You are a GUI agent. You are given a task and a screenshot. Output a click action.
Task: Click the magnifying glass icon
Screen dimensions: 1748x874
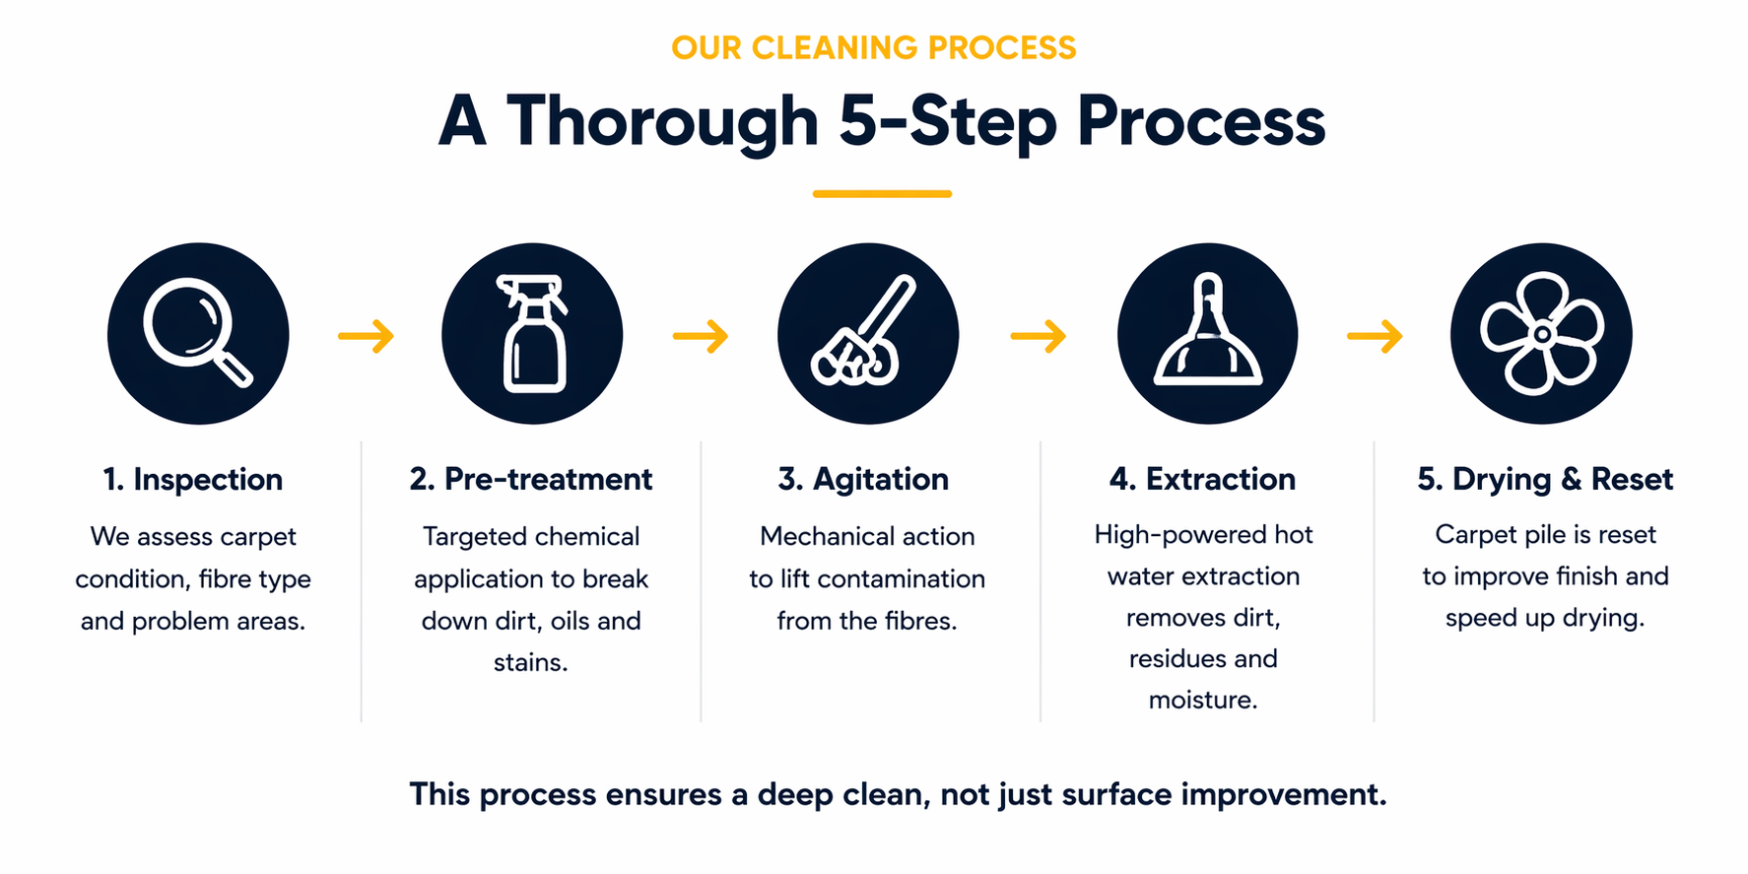pos(197,333)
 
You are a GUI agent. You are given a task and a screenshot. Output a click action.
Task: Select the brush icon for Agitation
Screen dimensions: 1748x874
pos(867,334)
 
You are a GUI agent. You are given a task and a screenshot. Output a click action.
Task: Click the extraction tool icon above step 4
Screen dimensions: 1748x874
pos(1207,334)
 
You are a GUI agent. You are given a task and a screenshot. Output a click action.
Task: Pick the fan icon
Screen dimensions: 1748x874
pos(1541,334)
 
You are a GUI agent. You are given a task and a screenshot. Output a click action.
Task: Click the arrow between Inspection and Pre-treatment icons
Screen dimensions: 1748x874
pos(366,336)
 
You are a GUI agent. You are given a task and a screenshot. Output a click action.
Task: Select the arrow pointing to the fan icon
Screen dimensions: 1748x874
pos(1375,336)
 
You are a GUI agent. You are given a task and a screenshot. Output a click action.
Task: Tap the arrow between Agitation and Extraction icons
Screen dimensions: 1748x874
pos(1038,336)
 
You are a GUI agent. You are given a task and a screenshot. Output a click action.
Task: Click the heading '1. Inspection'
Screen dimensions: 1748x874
pos(193,480)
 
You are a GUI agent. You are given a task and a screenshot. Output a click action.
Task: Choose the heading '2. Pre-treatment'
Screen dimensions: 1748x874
pos(531,480)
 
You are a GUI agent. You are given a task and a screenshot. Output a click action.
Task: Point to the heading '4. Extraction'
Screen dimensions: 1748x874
pos(1202,480)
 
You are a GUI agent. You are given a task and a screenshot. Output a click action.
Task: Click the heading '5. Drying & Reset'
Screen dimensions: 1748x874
pos(1545,480)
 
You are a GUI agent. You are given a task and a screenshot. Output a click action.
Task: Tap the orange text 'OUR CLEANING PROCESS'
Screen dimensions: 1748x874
pos(874,48)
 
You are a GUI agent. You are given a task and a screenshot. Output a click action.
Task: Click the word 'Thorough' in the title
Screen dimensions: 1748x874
pos(662,122)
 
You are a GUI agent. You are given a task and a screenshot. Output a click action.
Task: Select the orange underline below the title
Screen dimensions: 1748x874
pos(882,194)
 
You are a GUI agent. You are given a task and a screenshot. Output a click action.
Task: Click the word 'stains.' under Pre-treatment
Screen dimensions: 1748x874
pos(531,662)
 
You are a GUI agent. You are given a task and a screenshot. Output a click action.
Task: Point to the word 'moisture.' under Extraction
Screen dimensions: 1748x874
pos(1203,701)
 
